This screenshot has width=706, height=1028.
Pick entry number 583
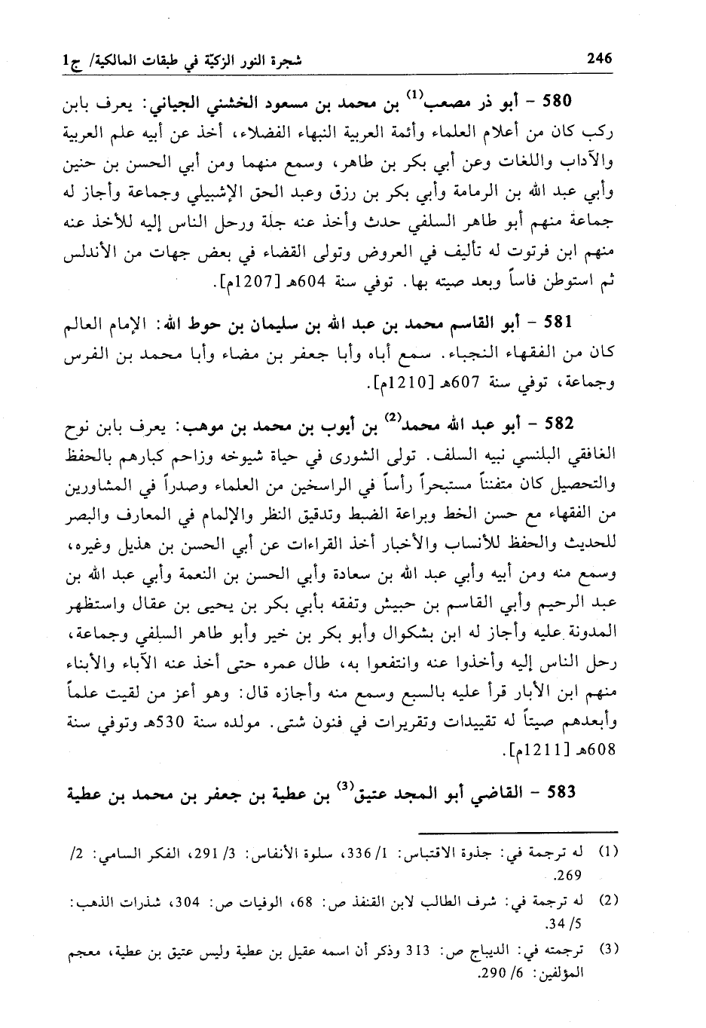[559, 792]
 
